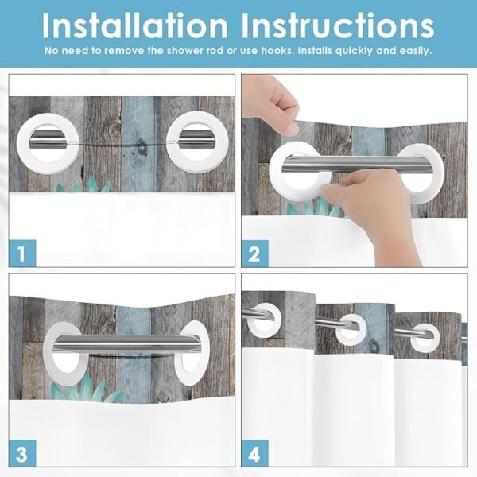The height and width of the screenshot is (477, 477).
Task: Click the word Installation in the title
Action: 135,26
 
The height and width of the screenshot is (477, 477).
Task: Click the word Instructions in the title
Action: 338,26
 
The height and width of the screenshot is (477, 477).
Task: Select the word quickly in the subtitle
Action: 354,51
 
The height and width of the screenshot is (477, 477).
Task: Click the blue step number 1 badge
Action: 22,254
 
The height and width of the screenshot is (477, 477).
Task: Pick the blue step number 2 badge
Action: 255,254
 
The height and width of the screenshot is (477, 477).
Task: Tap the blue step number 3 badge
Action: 22,453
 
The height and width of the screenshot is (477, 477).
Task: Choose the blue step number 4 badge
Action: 255,453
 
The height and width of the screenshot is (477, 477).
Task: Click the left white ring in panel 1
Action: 22,143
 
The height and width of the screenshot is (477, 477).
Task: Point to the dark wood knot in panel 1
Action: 141,147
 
